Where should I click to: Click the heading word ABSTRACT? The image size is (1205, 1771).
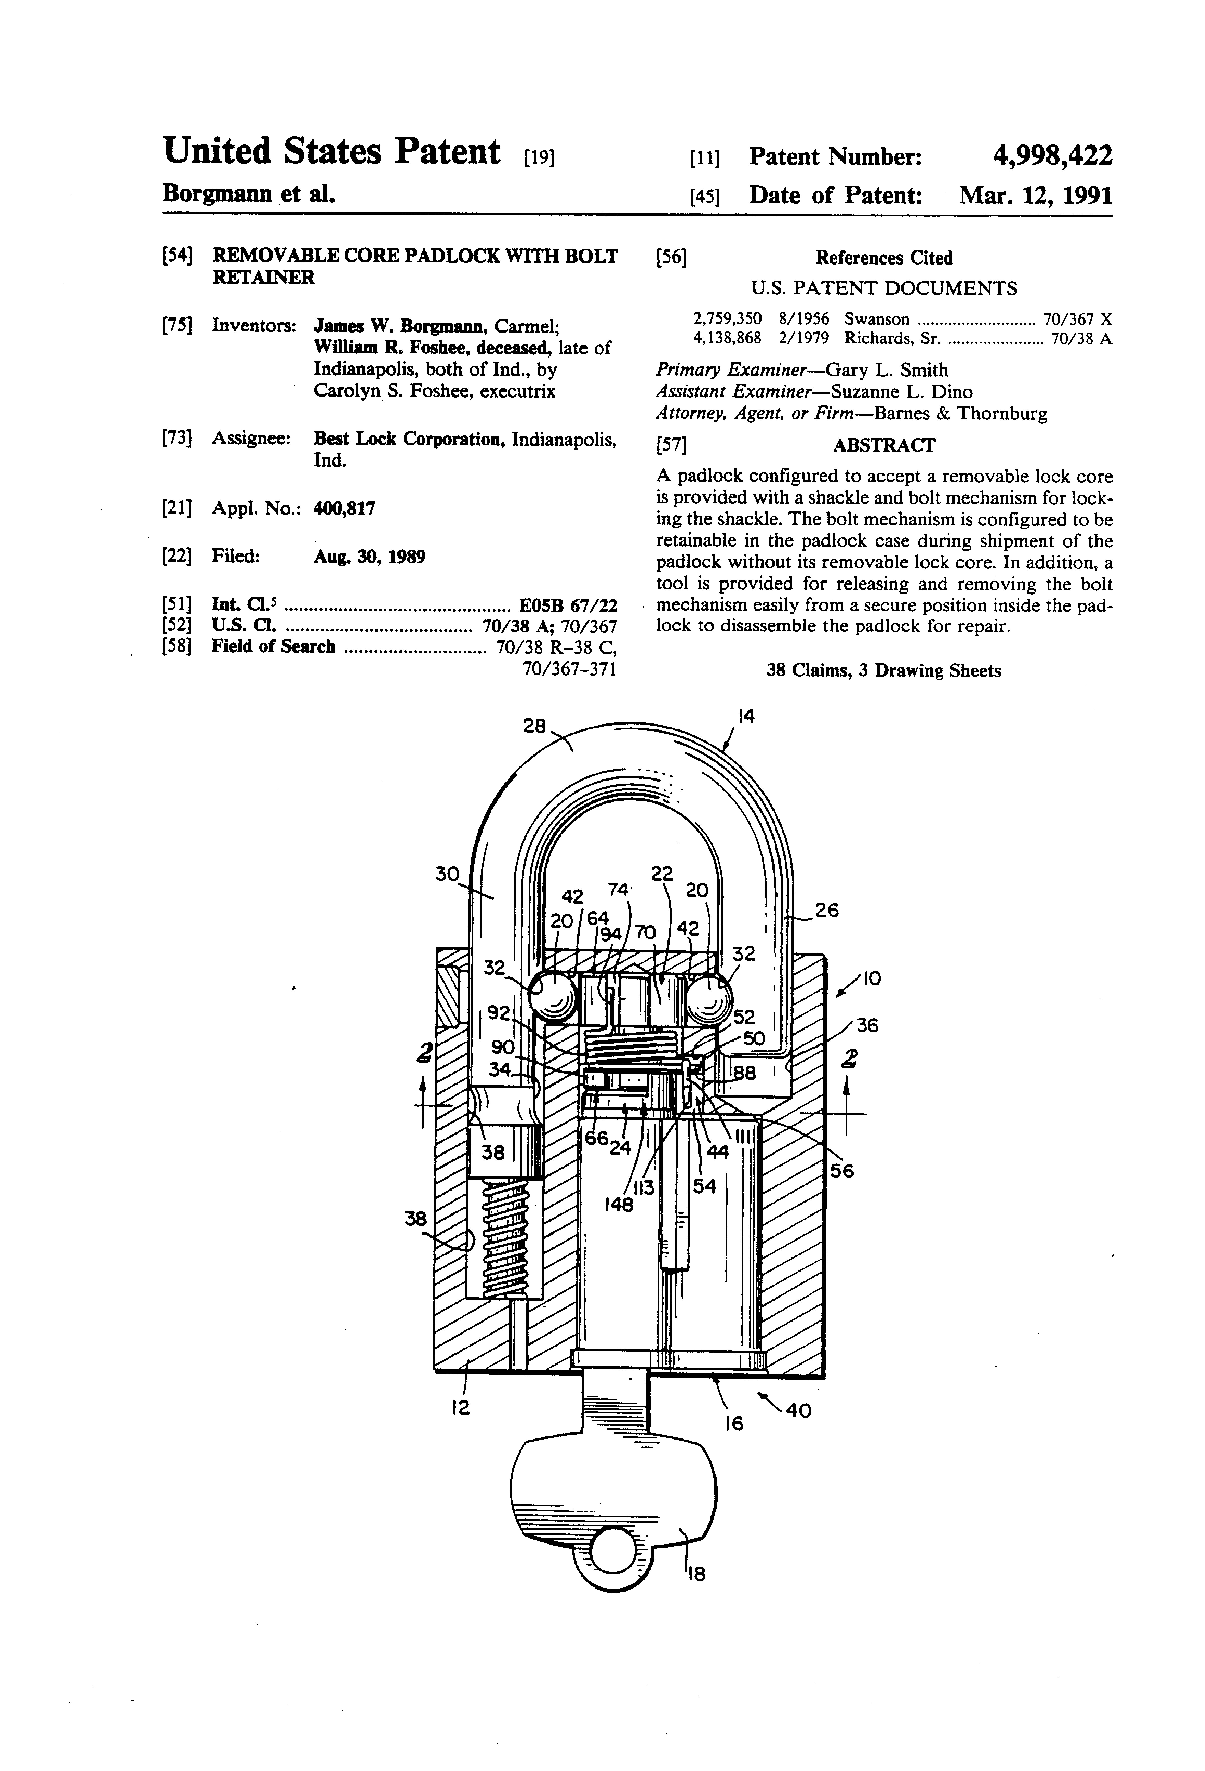tap(884, 445)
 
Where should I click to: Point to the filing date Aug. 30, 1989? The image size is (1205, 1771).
tap(369, 556)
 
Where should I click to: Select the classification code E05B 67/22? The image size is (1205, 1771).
tap(567, 605)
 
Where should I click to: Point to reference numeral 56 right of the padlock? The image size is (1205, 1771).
tap(842, 1171)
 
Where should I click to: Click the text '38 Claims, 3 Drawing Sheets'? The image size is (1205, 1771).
tap(884, 671)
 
